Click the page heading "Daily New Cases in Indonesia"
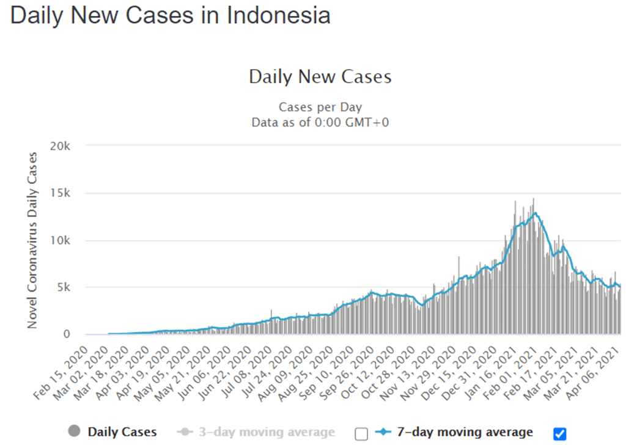pyautogui.click(x=171, y=15)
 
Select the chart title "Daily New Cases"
pyautogui.click(x=320, y=77)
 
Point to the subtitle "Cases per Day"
pyautogui.click(x=320, y=107)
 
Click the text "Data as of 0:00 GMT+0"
pyautogui.click(x=320, y=122)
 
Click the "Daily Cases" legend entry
pyautogui.click(x=122, y=432)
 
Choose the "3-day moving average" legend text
pyautogui.click(x=266, y=432)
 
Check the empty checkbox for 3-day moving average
pyautogui.click(x=361, y=433)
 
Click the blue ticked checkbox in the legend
pyautogui.click(x=559, y=433)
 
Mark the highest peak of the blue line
pyautogui.click(x=536, y=213)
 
